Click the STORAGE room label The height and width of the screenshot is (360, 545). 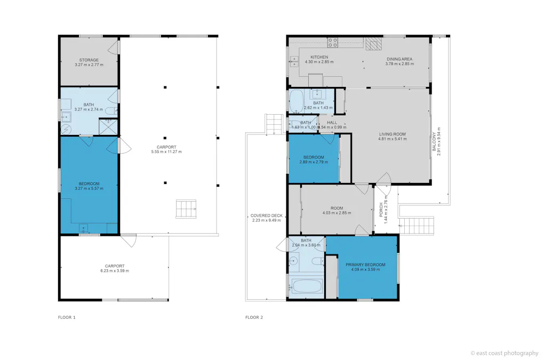click(x=89, y=60)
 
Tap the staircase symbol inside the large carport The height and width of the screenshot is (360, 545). click(x=186, y=209)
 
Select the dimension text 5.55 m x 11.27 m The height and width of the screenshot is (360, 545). click(x=166, y=152)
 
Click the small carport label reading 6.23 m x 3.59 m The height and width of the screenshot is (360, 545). click(x=114, y=270)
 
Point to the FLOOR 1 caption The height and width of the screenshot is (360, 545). click(x=67, y=317)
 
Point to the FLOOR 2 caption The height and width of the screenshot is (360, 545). click(x=254, y=317)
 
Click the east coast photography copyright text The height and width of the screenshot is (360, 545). click(x=504, y=353)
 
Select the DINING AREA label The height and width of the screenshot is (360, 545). click(x=399, y=59)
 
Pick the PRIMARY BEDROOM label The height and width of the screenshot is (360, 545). click(x=365, y=265)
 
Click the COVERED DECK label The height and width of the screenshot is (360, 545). click(x=267, y=216)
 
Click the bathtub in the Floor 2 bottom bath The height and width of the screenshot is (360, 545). click(x=308, y=286)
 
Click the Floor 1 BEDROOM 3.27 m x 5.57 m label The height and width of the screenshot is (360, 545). click(x=89, y=184)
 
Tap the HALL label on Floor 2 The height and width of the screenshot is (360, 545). click(x=332, y=123)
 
